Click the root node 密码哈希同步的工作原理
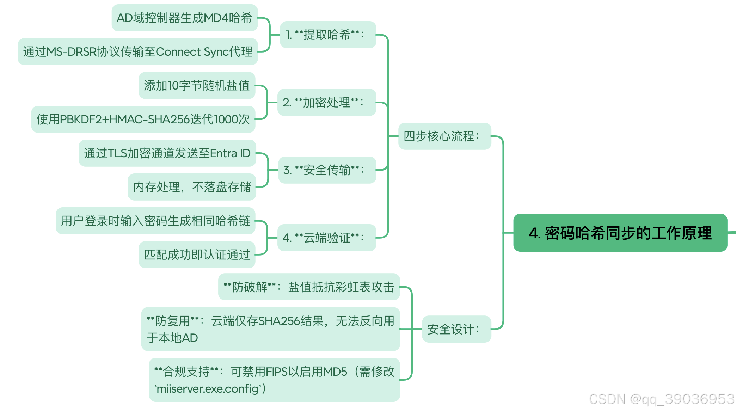point(620,233)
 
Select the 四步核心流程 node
point(444,136)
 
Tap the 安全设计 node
point(456,329)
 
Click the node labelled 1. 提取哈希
point(328,35)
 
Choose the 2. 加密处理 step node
point(326,102)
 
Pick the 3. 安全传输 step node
point(327,170)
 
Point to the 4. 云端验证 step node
point(326,238)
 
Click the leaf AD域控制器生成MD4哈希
point(184,18)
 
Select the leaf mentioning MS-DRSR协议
point(137,51)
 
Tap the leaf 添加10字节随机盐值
point(197,85)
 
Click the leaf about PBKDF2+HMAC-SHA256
point(143,119)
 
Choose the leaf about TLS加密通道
point(167,153)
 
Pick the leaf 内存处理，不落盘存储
point(192,187)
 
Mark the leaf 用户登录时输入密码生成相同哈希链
point(155,221)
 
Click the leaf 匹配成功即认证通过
point(197,254)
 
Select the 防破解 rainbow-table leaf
point(309,287)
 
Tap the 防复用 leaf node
point(270,329)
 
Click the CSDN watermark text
point(661,399)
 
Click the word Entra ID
point(230,153)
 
